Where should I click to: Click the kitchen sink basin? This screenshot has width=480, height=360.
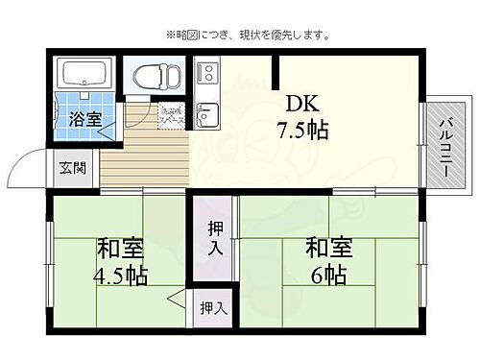pyautogui.click(x=205, y=120)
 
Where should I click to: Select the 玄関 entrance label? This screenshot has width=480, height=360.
pyautogui.click(x=72, y=167)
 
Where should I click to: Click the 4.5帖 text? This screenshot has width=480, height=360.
pyautogui.click(x=120, y=276)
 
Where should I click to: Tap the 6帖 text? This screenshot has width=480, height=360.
pyautogui.click(x=328, y=276)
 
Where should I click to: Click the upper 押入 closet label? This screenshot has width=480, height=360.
pyautogui.click(x=215, y=238)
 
